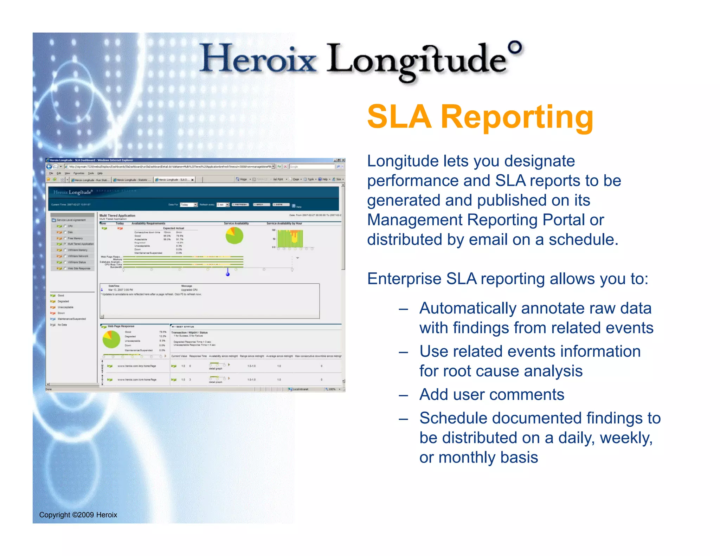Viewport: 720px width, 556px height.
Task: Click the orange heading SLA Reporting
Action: [x=480, y=117]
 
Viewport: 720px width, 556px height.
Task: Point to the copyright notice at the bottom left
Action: [x=78, y=515]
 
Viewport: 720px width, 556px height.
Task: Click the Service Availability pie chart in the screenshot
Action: [x=234, y=235]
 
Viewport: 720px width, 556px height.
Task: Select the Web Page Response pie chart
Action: [x=111, y=340]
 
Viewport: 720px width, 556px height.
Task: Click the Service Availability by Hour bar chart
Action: [x=290, y=239]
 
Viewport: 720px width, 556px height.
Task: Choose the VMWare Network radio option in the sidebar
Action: [x=65, y=256]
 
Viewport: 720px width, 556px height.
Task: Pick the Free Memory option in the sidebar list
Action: [x=75, y=238]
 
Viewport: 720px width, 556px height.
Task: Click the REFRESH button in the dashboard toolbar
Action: [x=240, y=205]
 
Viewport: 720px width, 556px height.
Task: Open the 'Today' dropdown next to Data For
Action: [x=188, y=205]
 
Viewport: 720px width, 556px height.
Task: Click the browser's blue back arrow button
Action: [x=49, y=167]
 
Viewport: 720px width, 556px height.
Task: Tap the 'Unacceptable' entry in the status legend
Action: [x=65, y=307]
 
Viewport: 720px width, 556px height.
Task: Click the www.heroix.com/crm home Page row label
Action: [x=137, y=380]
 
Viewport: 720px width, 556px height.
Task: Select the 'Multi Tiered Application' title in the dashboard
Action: [x=117, y=215]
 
